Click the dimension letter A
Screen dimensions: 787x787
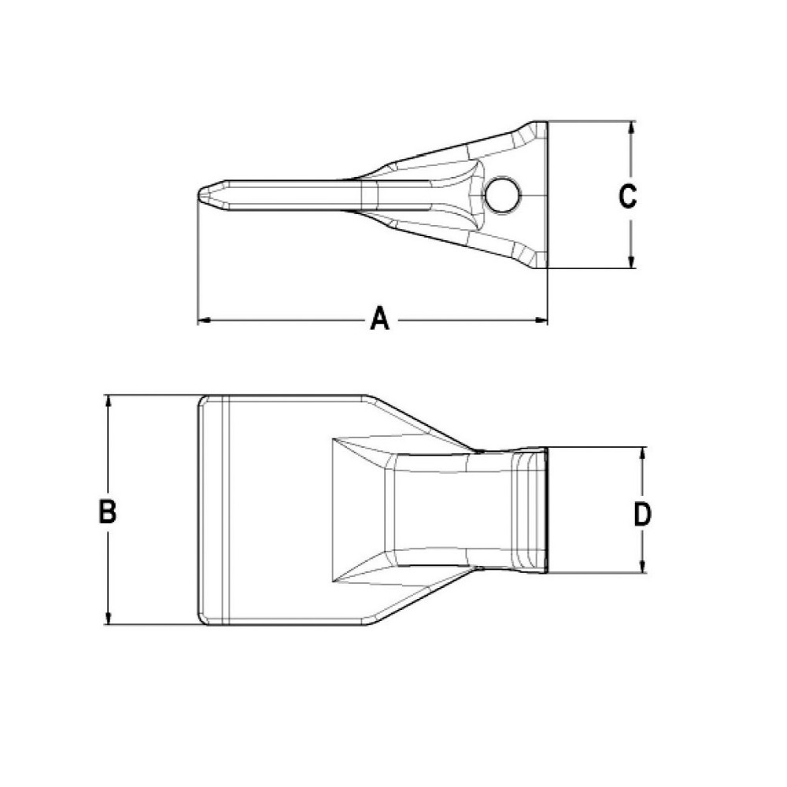379,320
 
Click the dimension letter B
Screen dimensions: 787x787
108,512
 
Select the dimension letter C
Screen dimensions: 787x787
627,196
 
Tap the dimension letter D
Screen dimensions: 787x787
643,515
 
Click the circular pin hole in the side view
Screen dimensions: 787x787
501,194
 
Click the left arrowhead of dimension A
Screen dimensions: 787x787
202,320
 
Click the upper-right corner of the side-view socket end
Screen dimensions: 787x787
545,123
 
